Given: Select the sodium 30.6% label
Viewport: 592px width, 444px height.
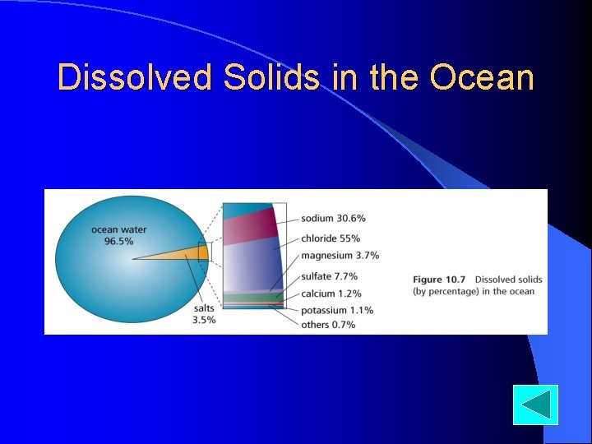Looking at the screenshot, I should (x=333, y=219).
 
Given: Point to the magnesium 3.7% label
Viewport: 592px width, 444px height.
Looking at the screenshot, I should (x=339, y=256).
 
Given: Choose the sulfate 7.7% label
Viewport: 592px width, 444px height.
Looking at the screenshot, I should (x=329, y=277).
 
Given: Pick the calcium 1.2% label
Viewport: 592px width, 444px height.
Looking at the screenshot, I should (x=331, y=294).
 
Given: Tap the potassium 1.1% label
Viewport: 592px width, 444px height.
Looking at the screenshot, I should (x=336, y=310).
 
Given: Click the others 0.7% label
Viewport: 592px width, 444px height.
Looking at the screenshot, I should (x=328, y=325).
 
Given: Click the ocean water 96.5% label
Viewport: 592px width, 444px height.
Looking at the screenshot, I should (x=118, y=235).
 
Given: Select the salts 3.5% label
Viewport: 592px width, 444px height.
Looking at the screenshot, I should (x=204, y=313).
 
